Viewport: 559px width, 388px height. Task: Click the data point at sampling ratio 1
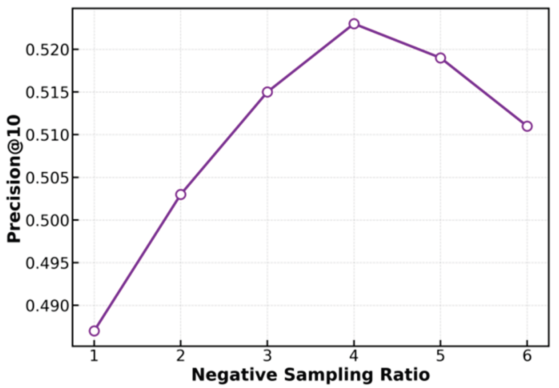[94, 331]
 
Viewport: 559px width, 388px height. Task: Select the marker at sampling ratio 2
[180, 195]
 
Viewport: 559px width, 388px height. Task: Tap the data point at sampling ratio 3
[267, 92]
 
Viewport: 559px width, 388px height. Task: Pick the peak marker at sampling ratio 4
[354, 24]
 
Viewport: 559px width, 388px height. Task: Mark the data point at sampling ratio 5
[440, 58]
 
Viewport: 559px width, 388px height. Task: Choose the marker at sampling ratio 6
[527, 126]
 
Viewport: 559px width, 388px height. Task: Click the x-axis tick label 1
[94, 356]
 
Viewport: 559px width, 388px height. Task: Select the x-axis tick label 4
[354, 356]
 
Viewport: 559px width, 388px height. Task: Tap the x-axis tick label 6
[527, 356]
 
